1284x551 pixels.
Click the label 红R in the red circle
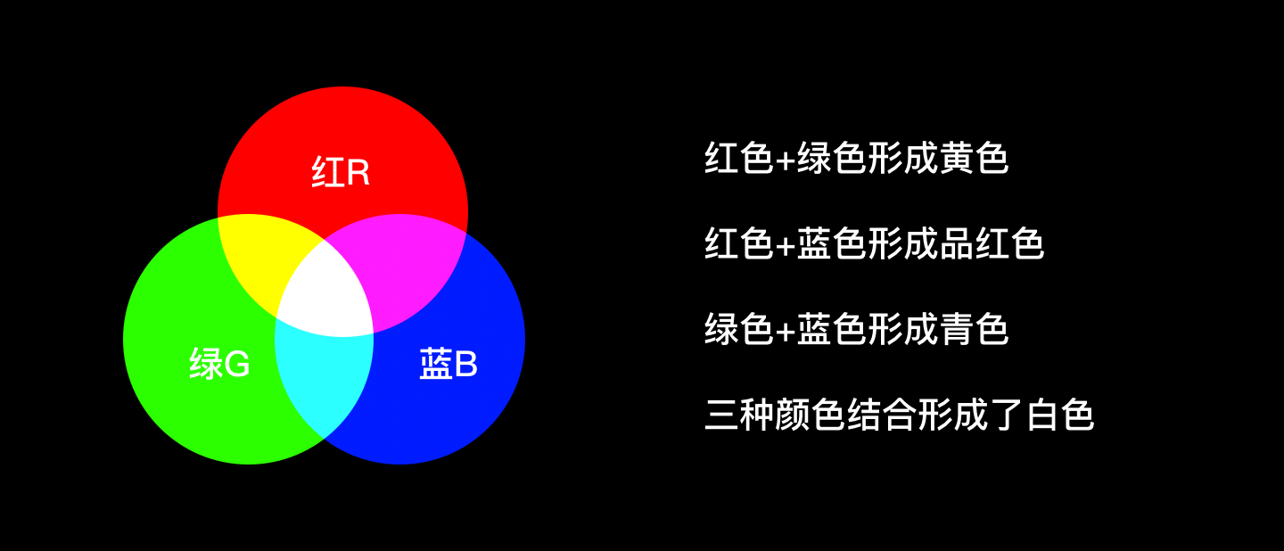[x=342, y=173]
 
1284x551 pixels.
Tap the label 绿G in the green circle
[x=219, y=364]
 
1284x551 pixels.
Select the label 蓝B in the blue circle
[x=449, y=364]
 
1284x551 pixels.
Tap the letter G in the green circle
[x=236, y=364]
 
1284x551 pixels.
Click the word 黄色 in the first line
[x=975, y=159]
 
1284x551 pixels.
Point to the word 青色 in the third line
[x=975, y=329]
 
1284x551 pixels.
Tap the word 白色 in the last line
[x=1060, y=415]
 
